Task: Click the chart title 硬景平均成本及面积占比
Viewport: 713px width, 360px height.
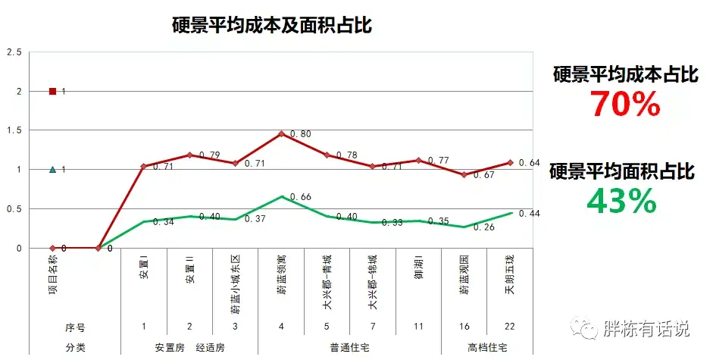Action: (x=272, y=25)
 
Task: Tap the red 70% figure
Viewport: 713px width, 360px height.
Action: (x=625, y=105)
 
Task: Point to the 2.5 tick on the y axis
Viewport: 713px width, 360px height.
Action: (x=14, y=52)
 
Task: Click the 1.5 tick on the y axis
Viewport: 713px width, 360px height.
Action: (x=14, y=130)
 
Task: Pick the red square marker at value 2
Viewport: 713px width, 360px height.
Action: (x=52, y=92)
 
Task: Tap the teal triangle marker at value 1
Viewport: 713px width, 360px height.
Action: (x=52, y=170)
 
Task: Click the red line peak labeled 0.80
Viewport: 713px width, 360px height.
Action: (x=281, y=134)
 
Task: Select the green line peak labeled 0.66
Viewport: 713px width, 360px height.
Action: (x=281, y=197)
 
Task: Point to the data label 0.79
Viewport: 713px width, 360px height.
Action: (x=209, y=155)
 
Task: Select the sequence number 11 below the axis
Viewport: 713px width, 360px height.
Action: (x=418, y=327)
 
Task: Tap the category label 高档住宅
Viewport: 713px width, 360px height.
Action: (x=487, y=348)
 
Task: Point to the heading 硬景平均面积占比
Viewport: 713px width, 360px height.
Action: (x=621, y=172)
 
